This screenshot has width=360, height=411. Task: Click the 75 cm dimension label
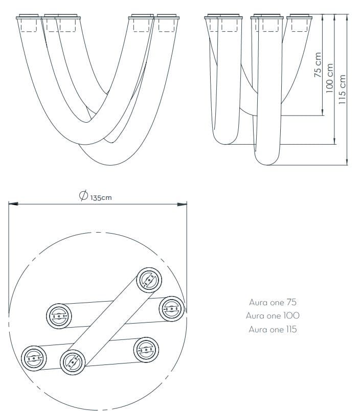[x=318, y=65]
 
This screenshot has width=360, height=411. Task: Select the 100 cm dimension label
[x=330, y=77]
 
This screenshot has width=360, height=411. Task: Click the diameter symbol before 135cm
[x=83, y=196]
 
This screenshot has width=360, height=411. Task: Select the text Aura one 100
[x=273, y=315]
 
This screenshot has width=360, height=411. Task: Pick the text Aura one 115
[x=273, y=329]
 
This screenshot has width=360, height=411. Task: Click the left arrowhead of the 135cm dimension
[x=12, y=204]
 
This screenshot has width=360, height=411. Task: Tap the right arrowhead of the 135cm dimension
[x=183, y=204]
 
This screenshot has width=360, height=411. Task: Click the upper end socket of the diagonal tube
[x=149, y=280]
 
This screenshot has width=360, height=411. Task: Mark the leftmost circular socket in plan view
[x=33, y=357]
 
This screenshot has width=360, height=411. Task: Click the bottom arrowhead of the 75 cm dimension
[x=322, y=112]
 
